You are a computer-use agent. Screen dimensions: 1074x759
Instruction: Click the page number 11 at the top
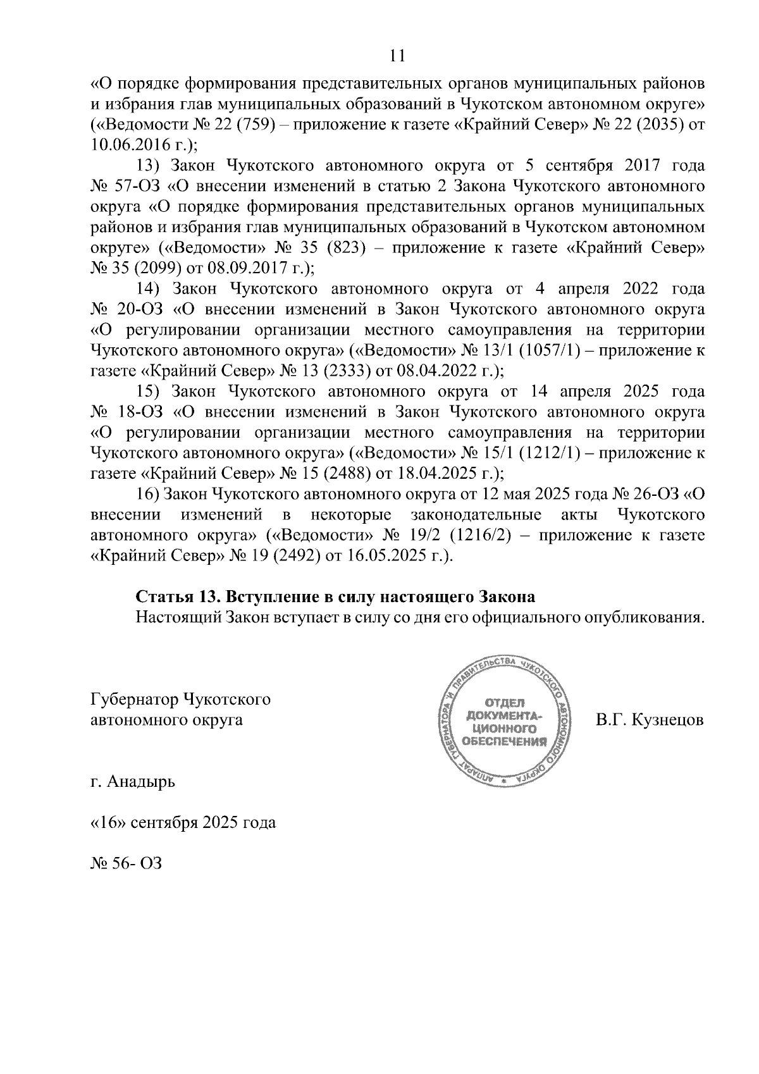click(397, 56)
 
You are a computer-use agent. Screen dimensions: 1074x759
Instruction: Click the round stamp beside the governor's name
click(505, 720)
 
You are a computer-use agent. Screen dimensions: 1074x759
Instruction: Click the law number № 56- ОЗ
click(126, 863)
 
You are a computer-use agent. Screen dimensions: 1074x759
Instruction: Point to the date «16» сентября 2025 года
click(183, 823)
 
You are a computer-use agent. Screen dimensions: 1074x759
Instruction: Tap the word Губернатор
click(135, 700)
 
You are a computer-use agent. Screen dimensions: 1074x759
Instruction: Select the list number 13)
click(150, 166)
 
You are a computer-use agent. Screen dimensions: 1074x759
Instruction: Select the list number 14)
click(150, 289)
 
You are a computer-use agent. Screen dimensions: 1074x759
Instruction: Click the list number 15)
click(150, 392)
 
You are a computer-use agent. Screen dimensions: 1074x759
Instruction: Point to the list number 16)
click(150, 494)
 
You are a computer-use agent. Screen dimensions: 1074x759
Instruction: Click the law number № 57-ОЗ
click(126, 187)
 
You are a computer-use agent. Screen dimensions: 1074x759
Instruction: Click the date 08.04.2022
click(433, 371)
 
